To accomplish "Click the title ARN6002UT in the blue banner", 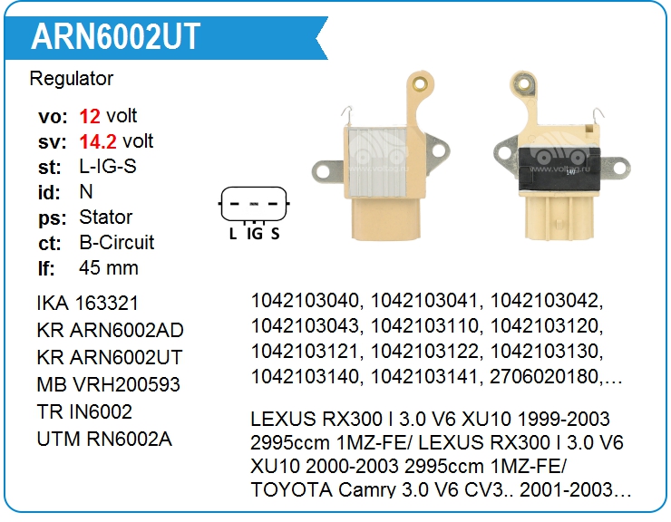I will point(115,36).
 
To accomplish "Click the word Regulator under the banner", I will point(72,79).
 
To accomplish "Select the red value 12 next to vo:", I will point(90,116).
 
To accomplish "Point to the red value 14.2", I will point(98,141).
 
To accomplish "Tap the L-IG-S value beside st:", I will point(108,167).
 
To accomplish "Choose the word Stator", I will point(105,217).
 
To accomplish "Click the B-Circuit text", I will point(117,243).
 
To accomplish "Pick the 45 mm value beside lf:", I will point(109,268).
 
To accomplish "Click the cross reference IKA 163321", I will point(88,303).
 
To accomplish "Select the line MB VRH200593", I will point(108,384).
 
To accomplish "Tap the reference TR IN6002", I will point(84,411).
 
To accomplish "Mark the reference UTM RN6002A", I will point(104,440).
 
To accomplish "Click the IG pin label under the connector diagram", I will point(255,234).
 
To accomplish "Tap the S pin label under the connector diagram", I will point(275,234).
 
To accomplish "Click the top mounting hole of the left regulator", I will point(423,83).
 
